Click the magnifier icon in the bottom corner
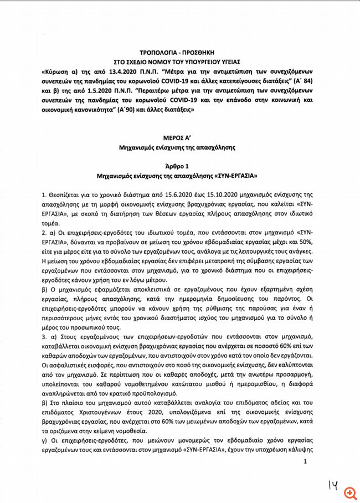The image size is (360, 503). tap(349, 492)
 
